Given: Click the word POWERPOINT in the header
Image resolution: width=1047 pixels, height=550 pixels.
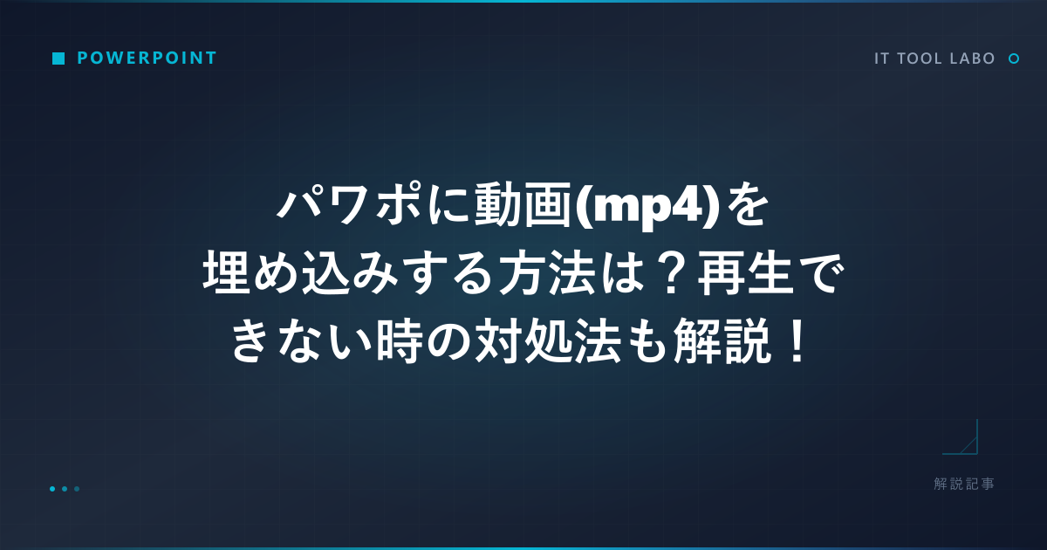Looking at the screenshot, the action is click(x=147, y=58).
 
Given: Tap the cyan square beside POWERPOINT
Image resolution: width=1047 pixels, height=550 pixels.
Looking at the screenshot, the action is click(x=58, y=58).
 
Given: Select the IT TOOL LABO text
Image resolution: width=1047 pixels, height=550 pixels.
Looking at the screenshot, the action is click(x=934, y=58).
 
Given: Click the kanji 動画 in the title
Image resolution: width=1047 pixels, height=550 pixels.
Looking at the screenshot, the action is click(x=523, y=205).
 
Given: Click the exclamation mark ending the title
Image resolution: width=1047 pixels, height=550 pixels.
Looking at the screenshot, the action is click(x=796, y=340).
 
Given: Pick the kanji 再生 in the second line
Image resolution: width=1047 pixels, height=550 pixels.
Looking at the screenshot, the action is click(x=746, y=273).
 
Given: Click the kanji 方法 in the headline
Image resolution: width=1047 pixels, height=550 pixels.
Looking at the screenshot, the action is click(x=548, y=273).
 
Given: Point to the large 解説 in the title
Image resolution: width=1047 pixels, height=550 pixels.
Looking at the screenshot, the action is click(x=722, y=340).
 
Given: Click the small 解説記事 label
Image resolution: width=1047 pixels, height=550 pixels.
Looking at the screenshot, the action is click(x=964, y=484).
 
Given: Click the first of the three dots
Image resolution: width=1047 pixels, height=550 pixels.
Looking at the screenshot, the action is click(x=52, y=489).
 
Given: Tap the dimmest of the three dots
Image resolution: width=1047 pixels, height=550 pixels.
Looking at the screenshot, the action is click(x=77, y=489).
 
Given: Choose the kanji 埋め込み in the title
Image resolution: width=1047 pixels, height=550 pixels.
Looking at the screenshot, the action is click(x=300, y=273).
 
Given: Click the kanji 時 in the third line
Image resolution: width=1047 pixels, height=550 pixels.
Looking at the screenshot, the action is click(x=400, y=340).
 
